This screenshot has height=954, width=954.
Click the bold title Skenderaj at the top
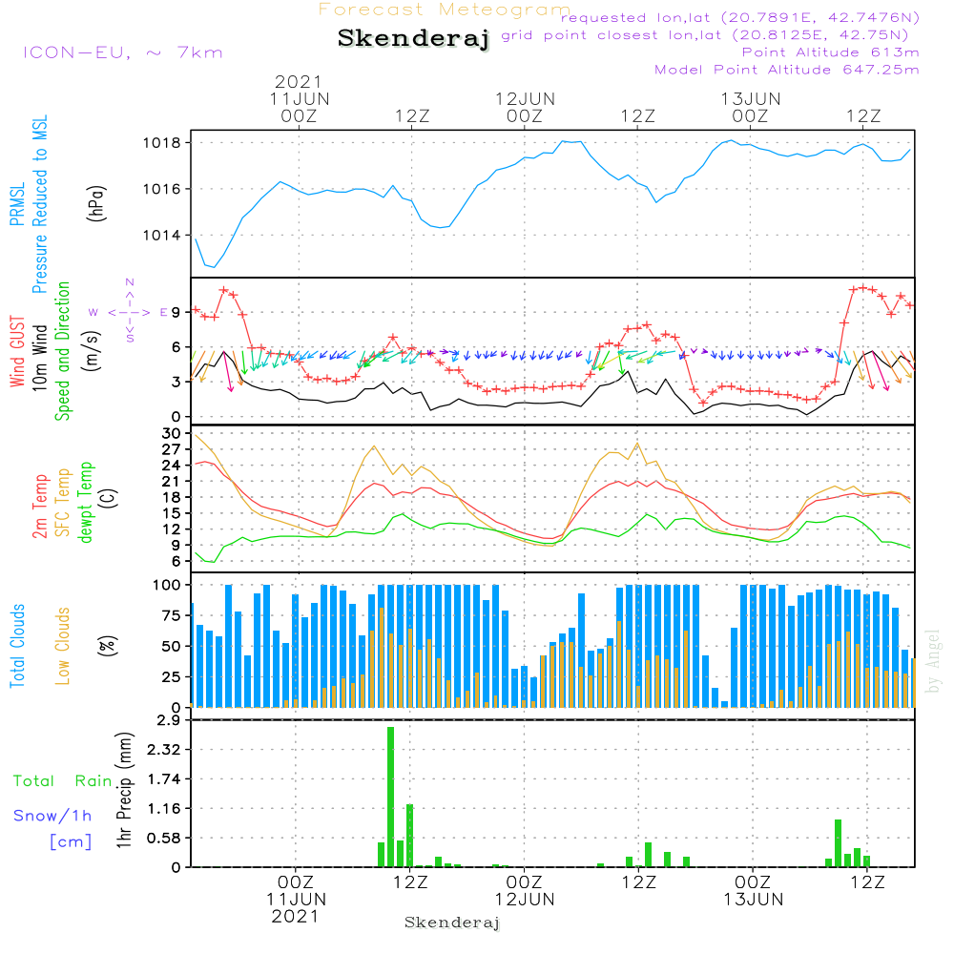413,39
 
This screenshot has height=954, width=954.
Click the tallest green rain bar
390,797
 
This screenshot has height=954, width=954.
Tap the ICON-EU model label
121,52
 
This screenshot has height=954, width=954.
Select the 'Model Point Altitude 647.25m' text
787,70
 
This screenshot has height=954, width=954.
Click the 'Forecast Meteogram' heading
445,10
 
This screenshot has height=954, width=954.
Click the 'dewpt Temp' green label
86,503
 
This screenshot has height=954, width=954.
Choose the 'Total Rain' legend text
62,781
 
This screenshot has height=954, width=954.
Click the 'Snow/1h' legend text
53,816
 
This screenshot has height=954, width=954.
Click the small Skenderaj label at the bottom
452,923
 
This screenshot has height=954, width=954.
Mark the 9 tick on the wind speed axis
176,312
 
